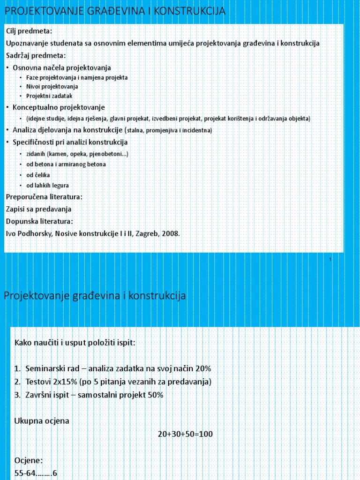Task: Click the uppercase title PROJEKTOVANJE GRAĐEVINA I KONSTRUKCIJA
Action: (x=115, y=11)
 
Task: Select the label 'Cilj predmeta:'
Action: (x=29, y=31)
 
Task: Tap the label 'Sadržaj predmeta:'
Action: (x=36, y=55)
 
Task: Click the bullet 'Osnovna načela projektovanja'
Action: (x=61, y=68)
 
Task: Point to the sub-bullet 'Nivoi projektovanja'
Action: (x=52, y=87)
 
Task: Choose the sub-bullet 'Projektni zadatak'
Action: (x=49, y=96)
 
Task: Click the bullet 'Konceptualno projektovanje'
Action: (x=59, y=107)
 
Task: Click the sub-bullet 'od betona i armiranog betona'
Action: (x=66, y=165)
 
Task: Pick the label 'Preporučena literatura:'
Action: (x=44, y=196)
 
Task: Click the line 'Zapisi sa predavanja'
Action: (x=38, y=209)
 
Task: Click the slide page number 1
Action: (x=330, y=259)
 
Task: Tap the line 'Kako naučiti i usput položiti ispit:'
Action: (x=75, y=343)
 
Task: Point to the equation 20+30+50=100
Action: (x=185, y=434)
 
